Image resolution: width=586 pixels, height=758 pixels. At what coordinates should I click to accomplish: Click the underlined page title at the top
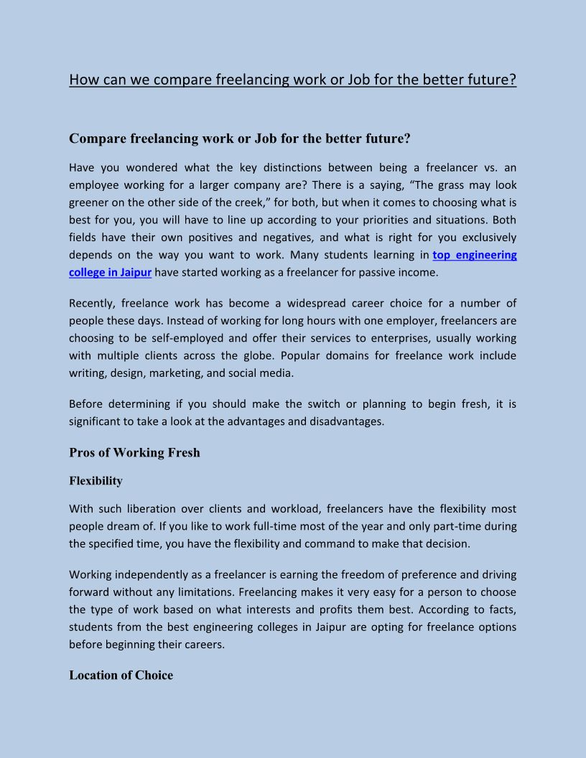click(x=292, y=79)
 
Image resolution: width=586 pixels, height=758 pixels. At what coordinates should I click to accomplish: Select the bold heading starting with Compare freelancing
click(x=239, y=139)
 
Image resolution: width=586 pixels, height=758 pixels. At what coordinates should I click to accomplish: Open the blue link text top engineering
click(x=474, y=255)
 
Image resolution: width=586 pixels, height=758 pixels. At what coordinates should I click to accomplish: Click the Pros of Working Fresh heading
click(x=134, y=453)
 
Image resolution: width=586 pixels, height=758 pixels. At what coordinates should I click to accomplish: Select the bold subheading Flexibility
click(x=96, y=481)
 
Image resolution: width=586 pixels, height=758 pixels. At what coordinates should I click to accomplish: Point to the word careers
click(x=204, y=644)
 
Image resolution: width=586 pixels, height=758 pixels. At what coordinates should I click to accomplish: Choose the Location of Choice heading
click(x=121, y=675)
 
